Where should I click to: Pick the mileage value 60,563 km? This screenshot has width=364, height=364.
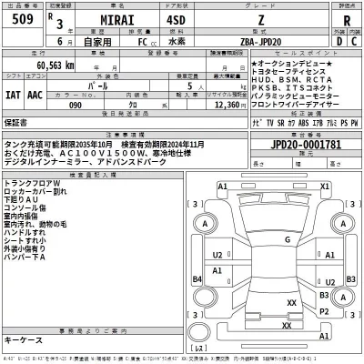(x=57, y=66)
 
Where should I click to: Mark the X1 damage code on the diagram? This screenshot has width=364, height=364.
(x=324, y=187)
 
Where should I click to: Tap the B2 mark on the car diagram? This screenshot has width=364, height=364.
(x=324, y=273)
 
